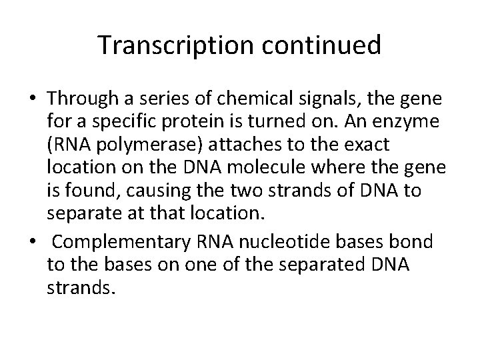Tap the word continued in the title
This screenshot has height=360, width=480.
(318, 45)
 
